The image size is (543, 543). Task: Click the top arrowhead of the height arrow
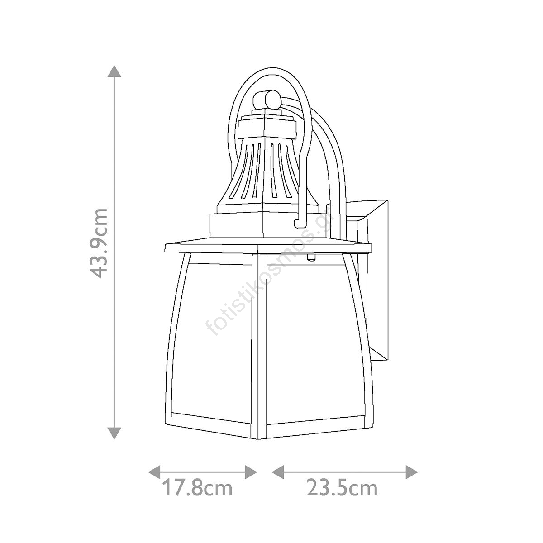click(114, 71)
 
